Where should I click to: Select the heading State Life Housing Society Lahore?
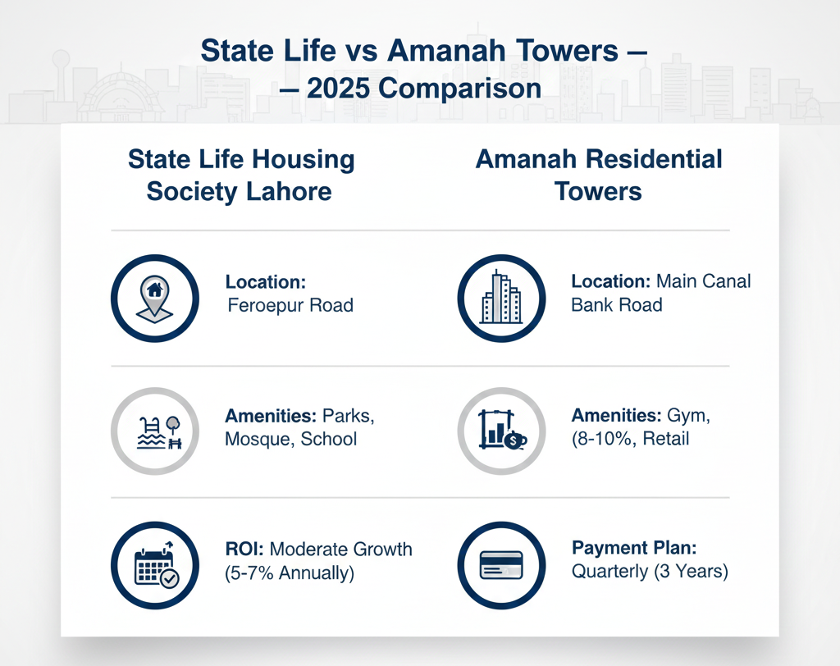click(240, 175)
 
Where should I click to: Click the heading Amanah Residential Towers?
click(598, 175)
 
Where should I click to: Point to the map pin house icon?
click(153, 298)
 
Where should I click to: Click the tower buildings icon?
click(500, 298)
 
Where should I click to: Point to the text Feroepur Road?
click(290, 306)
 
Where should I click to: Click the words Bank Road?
click(616, 306)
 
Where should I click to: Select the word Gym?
click(692, 416)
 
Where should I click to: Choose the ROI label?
click(244, 550)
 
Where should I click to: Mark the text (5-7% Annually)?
click(289, 572)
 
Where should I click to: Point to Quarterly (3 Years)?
click(650, 571)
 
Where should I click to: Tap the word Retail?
click(665, 439)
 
